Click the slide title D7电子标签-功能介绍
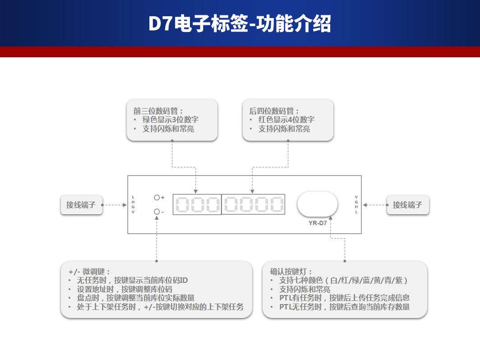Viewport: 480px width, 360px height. pyautogui.click(x=240, y=24)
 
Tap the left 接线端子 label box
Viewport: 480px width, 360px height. pyautogui.click(x=81, y=205)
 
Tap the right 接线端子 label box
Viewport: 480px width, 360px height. pyautogui.click(x=407, y=205)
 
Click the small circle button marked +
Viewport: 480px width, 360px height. pyautogui.click(x=157, y=198)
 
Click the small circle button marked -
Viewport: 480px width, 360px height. pyautogui.click(x=157, y=212)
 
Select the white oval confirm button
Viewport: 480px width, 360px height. pyautogui.click(x=317, y=204)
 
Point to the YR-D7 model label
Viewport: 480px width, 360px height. pyautogui.click(x=318, y=223)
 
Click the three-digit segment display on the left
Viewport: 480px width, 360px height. pyautogui.click(x=197, y=204)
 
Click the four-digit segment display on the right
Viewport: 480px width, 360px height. pyautogui.click(x=253, y=204)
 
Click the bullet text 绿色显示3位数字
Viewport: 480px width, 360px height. pyautogui.click(x=171, y=120)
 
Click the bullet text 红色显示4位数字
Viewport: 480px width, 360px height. pyautogui.click(x=286, y=120)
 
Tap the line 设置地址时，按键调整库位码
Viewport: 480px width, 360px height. pyautogui.click(x=125, y=289)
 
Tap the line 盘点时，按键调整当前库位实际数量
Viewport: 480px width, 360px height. pyautogui.click(x=136, y=298)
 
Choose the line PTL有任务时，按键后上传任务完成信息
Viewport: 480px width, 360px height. pyautogui.click(x=344, y=298)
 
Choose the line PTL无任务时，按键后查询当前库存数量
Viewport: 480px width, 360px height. pyautogui.click(x=344, y=307)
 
